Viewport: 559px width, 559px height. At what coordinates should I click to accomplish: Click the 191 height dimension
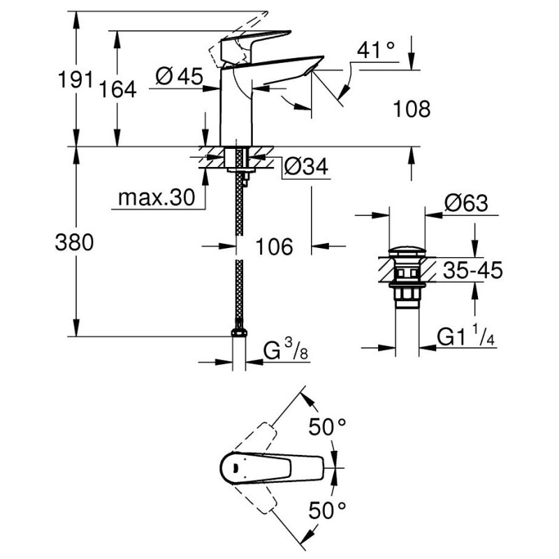[x=75, y=79]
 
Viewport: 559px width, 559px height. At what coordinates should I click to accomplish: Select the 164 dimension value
[x=117, y=89]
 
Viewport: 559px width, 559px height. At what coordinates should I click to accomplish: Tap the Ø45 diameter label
[x=180, y=76]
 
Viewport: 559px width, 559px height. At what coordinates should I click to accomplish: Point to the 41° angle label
[x=376, y=50]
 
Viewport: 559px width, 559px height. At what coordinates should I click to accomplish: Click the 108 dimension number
[x=412, y=109]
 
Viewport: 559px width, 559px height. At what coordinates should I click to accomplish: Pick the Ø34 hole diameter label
[x=306, y=166]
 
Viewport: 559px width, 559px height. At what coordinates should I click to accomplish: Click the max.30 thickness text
[x=157, y=197]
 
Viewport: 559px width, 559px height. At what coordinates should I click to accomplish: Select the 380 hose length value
[x=74, y=242]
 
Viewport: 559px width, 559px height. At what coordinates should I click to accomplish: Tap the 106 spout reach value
[x=274, y=247]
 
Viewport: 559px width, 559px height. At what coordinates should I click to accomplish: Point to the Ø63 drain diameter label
[x=466, y=203]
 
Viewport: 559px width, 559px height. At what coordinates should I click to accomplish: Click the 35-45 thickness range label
[x=473, y=270]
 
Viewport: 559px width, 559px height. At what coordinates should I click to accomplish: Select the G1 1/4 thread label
[x=466, y=335]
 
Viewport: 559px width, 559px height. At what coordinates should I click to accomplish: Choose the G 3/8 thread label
[x=286, y=350]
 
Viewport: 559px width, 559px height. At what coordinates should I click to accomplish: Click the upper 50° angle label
[x=327, y=427]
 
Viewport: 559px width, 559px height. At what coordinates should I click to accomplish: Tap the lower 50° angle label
[x=327, y=510]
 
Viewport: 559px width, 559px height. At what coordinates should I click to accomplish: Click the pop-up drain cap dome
[x=407, y=251]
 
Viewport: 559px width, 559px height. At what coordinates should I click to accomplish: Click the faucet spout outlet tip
[x=311, y=71]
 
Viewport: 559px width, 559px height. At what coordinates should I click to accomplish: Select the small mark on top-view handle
[x=235, y=467]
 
